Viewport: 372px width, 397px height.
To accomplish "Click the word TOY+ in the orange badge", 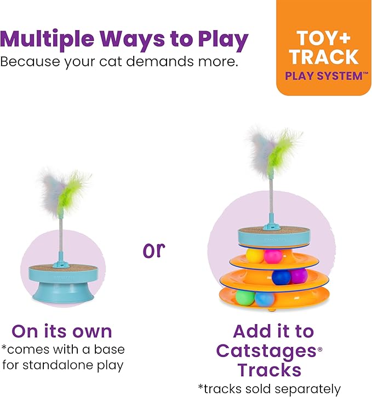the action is pyautogui.click(x=323, y=38).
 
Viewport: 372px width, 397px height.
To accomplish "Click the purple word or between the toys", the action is pyautogui.click(x=154, y=250).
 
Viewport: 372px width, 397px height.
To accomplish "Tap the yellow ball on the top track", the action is pyautogui.click(x=255, y=256).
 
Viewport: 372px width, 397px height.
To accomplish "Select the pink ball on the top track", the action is pyautogui.click(x=273, y=256).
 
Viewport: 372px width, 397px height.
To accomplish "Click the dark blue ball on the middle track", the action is pyautogui.click(x=281, y=277).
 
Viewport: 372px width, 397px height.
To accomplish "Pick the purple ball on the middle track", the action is pyautogui.click(x=299, y=276).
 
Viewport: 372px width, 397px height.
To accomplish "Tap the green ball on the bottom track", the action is pyautogui.click(x=245, y=298).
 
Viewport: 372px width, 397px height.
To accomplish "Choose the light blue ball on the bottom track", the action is pyautogui.click(x=264, y=300).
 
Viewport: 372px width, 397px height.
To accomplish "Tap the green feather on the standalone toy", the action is pyautogui.click(x=70, y=192).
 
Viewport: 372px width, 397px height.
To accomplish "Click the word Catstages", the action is pyautogui.click(x=266, y=351).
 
